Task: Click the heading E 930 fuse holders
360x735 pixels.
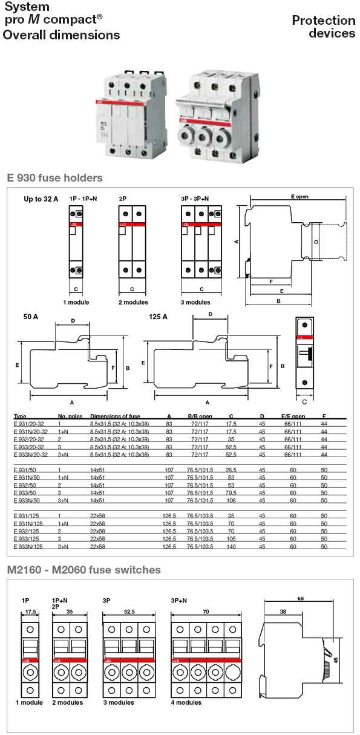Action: pos(54,178)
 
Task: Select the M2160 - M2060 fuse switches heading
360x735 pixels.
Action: pos(84,570)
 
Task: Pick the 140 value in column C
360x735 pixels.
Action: pos(231,546)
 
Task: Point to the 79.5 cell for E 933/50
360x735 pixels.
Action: pos(231,493)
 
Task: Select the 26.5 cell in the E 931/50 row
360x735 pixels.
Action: pos(231,469)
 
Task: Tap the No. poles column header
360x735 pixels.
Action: pos(70,417)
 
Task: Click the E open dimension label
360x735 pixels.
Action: pos(300,197)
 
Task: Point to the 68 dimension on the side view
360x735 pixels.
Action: pos(301,599)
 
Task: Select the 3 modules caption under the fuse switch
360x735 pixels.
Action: pos(119,702)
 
